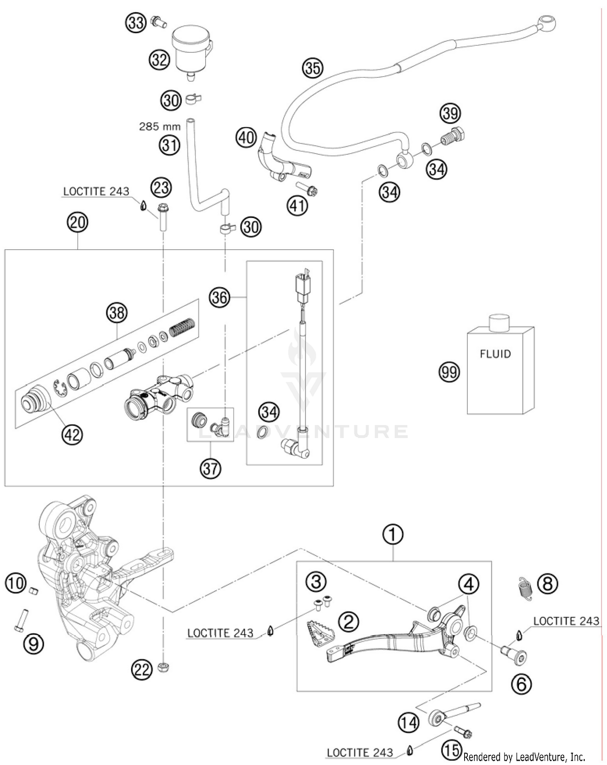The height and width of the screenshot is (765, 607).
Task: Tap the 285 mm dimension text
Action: (x=160, y=127)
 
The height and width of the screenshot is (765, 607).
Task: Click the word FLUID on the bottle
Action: (x=495, y=354)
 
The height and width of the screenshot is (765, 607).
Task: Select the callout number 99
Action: (x=450, y=372)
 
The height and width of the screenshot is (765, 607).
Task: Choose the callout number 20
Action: (x=78, y=222)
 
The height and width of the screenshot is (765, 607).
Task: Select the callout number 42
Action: (x=72, y=435)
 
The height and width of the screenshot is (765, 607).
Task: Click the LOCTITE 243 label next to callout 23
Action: (x=96, y=191)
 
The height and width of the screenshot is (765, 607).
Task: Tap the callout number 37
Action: (x=210, y=469)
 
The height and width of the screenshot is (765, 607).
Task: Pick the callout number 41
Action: (x=297, y=206)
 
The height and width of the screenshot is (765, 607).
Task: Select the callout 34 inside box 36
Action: (x=269, y=412)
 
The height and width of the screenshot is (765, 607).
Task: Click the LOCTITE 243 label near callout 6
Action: (x=566, y=621)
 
